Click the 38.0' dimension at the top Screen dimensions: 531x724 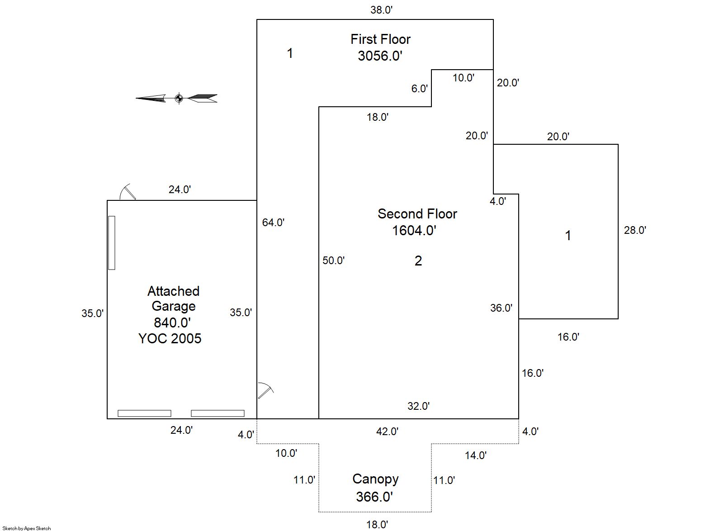[381, 9]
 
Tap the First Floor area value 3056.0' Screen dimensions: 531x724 [380, 56]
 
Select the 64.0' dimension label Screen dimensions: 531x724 [273, 222]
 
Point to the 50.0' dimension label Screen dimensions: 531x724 [333, 260]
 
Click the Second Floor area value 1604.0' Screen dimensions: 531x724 [414, 230]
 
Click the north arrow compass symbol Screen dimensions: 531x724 [178, 98]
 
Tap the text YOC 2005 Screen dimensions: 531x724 [170, 338]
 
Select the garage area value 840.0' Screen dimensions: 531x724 [172, 322]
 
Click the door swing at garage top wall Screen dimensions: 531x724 [127, 192]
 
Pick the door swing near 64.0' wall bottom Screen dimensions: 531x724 [265, 390]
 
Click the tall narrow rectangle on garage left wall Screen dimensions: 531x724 [112, 243]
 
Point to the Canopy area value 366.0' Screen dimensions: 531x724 [374, 497]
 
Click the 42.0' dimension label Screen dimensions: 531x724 [387, 431]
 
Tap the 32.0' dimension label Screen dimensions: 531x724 [418, 406]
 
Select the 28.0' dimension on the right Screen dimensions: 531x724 [635, 230]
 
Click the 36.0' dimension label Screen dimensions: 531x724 [501, 308]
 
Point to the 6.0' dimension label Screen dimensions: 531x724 [419, 88]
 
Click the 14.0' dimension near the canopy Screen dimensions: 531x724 [476, 455]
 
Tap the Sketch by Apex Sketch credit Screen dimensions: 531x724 [27, 528]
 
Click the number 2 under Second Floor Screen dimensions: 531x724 [418, 261]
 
